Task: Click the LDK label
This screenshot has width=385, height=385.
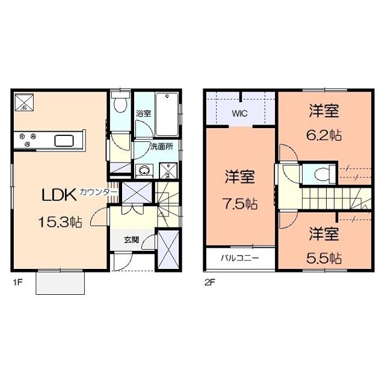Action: click(x=59, y=195)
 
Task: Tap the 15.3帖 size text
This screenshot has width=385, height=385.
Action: click(x=60, y=222)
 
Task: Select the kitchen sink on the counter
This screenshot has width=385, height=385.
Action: click(x=64, y=141)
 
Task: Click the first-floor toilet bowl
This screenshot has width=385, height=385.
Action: click(x=120, y=105)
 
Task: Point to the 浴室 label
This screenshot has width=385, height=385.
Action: click(x=144, y=114)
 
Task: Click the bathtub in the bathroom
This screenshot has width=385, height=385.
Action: click(x=167, y=114)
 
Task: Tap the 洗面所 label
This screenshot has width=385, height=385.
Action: click(x=162, y=147)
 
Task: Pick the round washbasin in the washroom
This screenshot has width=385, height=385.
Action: click(x=144, y=170)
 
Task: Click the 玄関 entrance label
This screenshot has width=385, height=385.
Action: click(x=132, y=239)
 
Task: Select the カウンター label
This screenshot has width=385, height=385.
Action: click(x=97, y=192)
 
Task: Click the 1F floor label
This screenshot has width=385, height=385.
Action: click(x=17, y=282)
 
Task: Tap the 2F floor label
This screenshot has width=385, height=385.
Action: click(x=210, y=282)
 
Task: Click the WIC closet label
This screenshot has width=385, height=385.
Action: click(x=240, y=114)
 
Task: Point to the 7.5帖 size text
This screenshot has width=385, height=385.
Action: click(x=240, y=203)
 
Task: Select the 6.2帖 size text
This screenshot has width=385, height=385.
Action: click(x=324, y=135)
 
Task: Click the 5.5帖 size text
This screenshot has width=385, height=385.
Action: click(x=324, y=258)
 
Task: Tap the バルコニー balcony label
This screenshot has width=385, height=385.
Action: click(x=239, y=258)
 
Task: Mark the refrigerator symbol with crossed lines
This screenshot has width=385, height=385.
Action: click(x=24, y=102)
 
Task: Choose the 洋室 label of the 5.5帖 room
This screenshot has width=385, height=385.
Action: click(x=324, y=234)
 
